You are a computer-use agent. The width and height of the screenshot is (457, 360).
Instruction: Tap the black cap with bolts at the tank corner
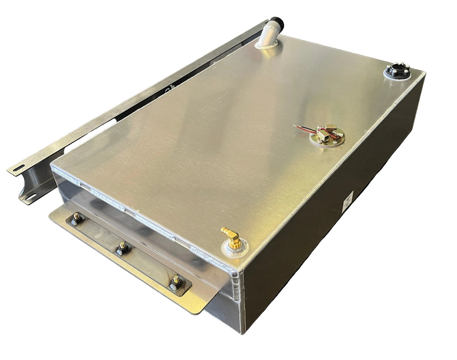(x=397, y=70)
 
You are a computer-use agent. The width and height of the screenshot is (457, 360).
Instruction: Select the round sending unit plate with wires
(x=327, y=137)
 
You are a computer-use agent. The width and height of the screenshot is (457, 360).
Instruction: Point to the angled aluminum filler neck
(x=269, y=33)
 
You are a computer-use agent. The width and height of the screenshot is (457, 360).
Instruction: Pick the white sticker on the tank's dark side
(x=348, y=202)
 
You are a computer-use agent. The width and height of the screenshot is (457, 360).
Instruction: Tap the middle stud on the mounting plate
(x=122, y=248)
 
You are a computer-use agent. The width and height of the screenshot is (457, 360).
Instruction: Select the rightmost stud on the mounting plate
(x=176, y=282)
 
